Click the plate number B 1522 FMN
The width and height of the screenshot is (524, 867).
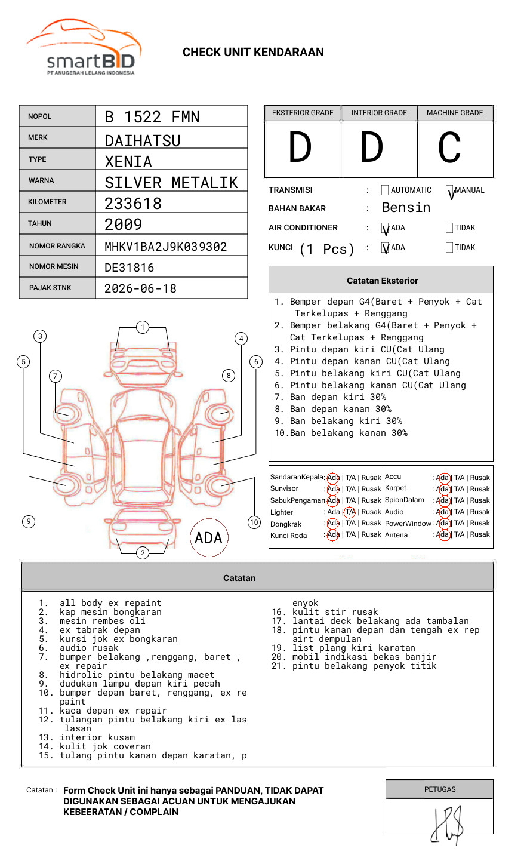coord(152,117)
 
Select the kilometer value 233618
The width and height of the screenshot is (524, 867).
coord(133,204)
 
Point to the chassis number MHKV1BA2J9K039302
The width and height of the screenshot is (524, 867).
coord(165,247)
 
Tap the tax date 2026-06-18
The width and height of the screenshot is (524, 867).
coord(140,288)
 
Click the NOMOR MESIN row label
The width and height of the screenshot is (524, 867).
coord(54,266)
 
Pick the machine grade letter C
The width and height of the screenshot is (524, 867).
coord(449,148)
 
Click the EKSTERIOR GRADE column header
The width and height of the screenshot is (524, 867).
coord(303,113)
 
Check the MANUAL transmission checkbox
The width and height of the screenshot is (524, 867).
coord(449,190)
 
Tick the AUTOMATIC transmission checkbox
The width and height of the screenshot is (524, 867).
coord(385,190)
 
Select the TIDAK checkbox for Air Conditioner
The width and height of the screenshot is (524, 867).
coord(449,228)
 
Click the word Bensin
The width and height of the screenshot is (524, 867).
coord(406,208)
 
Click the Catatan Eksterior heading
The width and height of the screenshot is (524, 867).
coord(382,281)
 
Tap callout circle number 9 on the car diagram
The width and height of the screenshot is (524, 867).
coord(29,521)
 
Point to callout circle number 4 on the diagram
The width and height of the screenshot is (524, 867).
coord(241,339)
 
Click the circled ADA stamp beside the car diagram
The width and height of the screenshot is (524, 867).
coord(209,537)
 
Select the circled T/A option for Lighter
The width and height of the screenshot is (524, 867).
coord(350,512)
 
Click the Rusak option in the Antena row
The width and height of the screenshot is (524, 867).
coord(479,535)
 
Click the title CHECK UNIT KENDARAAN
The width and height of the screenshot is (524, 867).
coord(253,53)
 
